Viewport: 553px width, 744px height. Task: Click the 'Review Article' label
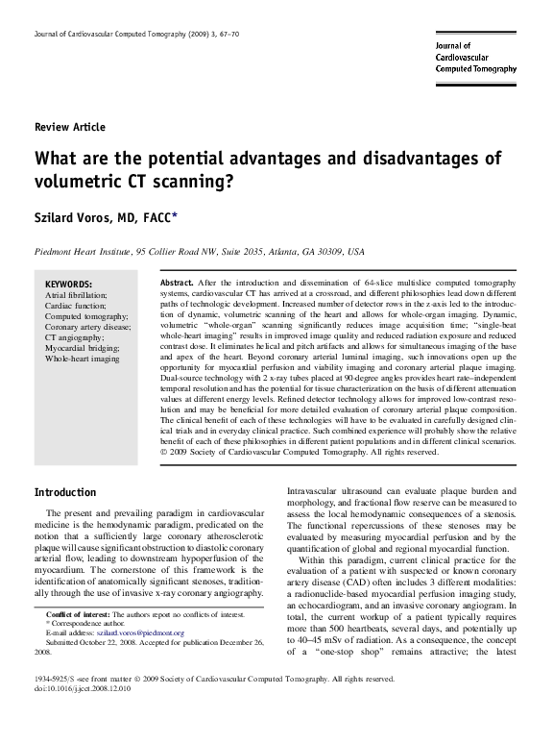click(x=69, y=127)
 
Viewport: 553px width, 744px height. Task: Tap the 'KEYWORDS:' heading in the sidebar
click(x=69, y=285)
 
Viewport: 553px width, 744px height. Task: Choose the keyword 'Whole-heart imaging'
click(x=83, y=358)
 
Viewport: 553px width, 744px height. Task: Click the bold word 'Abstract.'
click(x=176, y=284)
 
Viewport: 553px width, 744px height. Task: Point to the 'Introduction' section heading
click(x=65, y=492)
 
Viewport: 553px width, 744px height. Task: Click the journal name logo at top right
click(x=475, y=58)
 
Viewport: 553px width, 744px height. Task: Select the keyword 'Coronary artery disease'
click(x=87, y=326)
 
